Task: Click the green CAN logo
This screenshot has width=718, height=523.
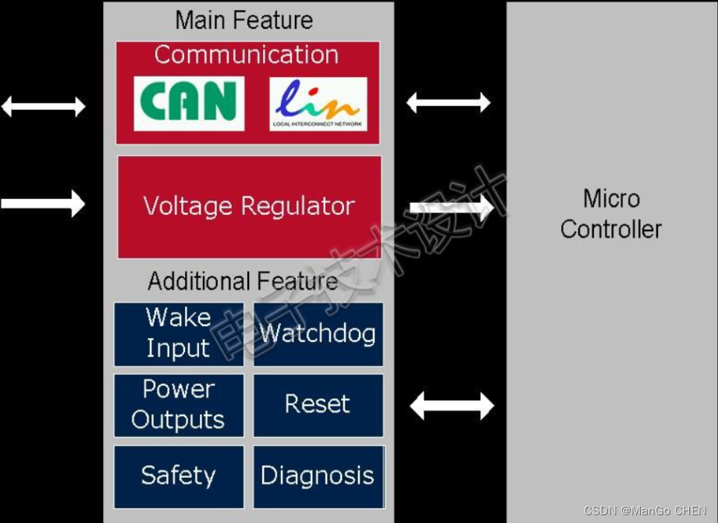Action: click(189, 103)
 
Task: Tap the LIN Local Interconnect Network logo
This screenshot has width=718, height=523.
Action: click(318, 104)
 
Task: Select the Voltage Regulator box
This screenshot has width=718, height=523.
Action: click(250, 207)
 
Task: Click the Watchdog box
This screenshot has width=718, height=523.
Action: click(318, 334)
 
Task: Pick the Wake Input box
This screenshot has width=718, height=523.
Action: click(179, 334)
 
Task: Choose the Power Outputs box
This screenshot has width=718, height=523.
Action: click(179, 405)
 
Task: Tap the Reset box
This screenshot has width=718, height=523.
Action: click(318, 404)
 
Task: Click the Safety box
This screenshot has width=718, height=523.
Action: click(179, 476)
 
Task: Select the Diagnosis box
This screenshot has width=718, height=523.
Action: click(318, 476)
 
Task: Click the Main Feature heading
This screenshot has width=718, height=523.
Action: click(244, 20)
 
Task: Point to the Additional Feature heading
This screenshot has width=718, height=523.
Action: click(243, 281)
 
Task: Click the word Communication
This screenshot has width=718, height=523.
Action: click(247, 55)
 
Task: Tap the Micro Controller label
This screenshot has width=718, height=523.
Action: click(611, 214)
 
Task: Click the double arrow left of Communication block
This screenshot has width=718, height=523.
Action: click(44, 106)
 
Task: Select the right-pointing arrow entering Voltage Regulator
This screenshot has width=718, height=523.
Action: click(44, 204)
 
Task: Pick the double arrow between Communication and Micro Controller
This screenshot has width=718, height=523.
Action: click(449, 102)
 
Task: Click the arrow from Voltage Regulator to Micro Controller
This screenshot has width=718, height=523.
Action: click(451, 207)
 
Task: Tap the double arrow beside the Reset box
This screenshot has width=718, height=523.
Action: click(452, 406)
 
